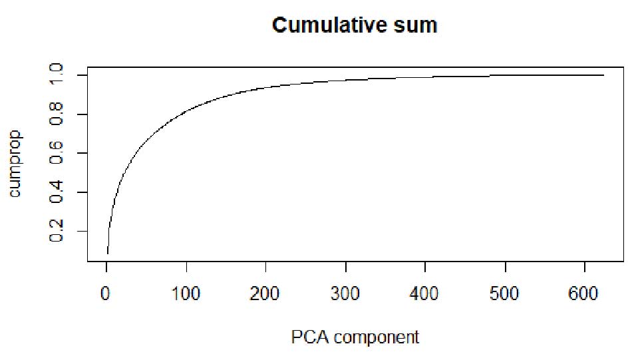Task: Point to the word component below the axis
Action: click(x=377, y=338)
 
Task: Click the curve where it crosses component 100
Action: click(x=186, y=108)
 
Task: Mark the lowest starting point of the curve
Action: click(x=107, y=254)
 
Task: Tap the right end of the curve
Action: click(x=603, y=75)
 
